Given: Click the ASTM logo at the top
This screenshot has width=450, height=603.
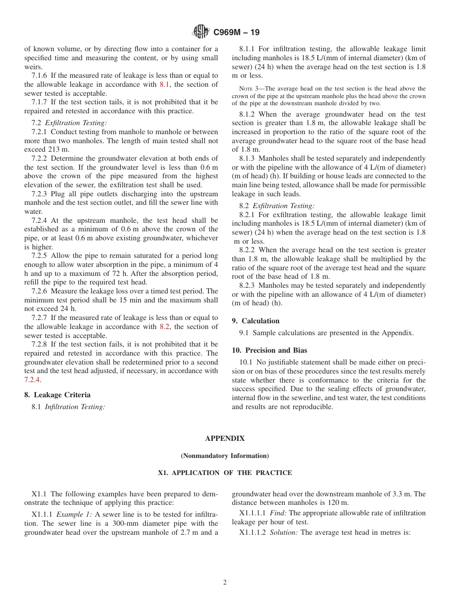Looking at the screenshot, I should click(x=200, y=32).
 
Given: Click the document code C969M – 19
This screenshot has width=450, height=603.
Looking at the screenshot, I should click(x=236, y=33).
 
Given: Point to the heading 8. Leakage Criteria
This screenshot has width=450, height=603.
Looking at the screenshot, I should click(x=57, y=395).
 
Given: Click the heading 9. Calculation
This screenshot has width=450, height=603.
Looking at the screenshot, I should click(x=255, y=321).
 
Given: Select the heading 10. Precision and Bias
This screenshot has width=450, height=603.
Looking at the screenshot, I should click(x=269, y=350).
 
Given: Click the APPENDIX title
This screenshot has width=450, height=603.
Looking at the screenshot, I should click(x=225, y=439).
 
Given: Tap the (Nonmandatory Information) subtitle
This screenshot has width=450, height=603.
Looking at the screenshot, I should click(x=225, y=456).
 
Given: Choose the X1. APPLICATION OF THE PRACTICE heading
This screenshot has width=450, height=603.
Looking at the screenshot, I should click(x=225, y=473).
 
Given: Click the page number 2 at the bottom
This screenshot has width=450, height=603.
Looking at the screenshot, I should click(x=225, y=583).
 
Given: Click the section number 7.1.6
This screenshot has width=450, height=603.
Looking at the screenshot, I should click(x=40, y=76).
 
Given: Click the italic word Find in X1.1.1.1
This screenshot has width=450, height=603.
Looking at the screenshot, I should click(x=278, y=513).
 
